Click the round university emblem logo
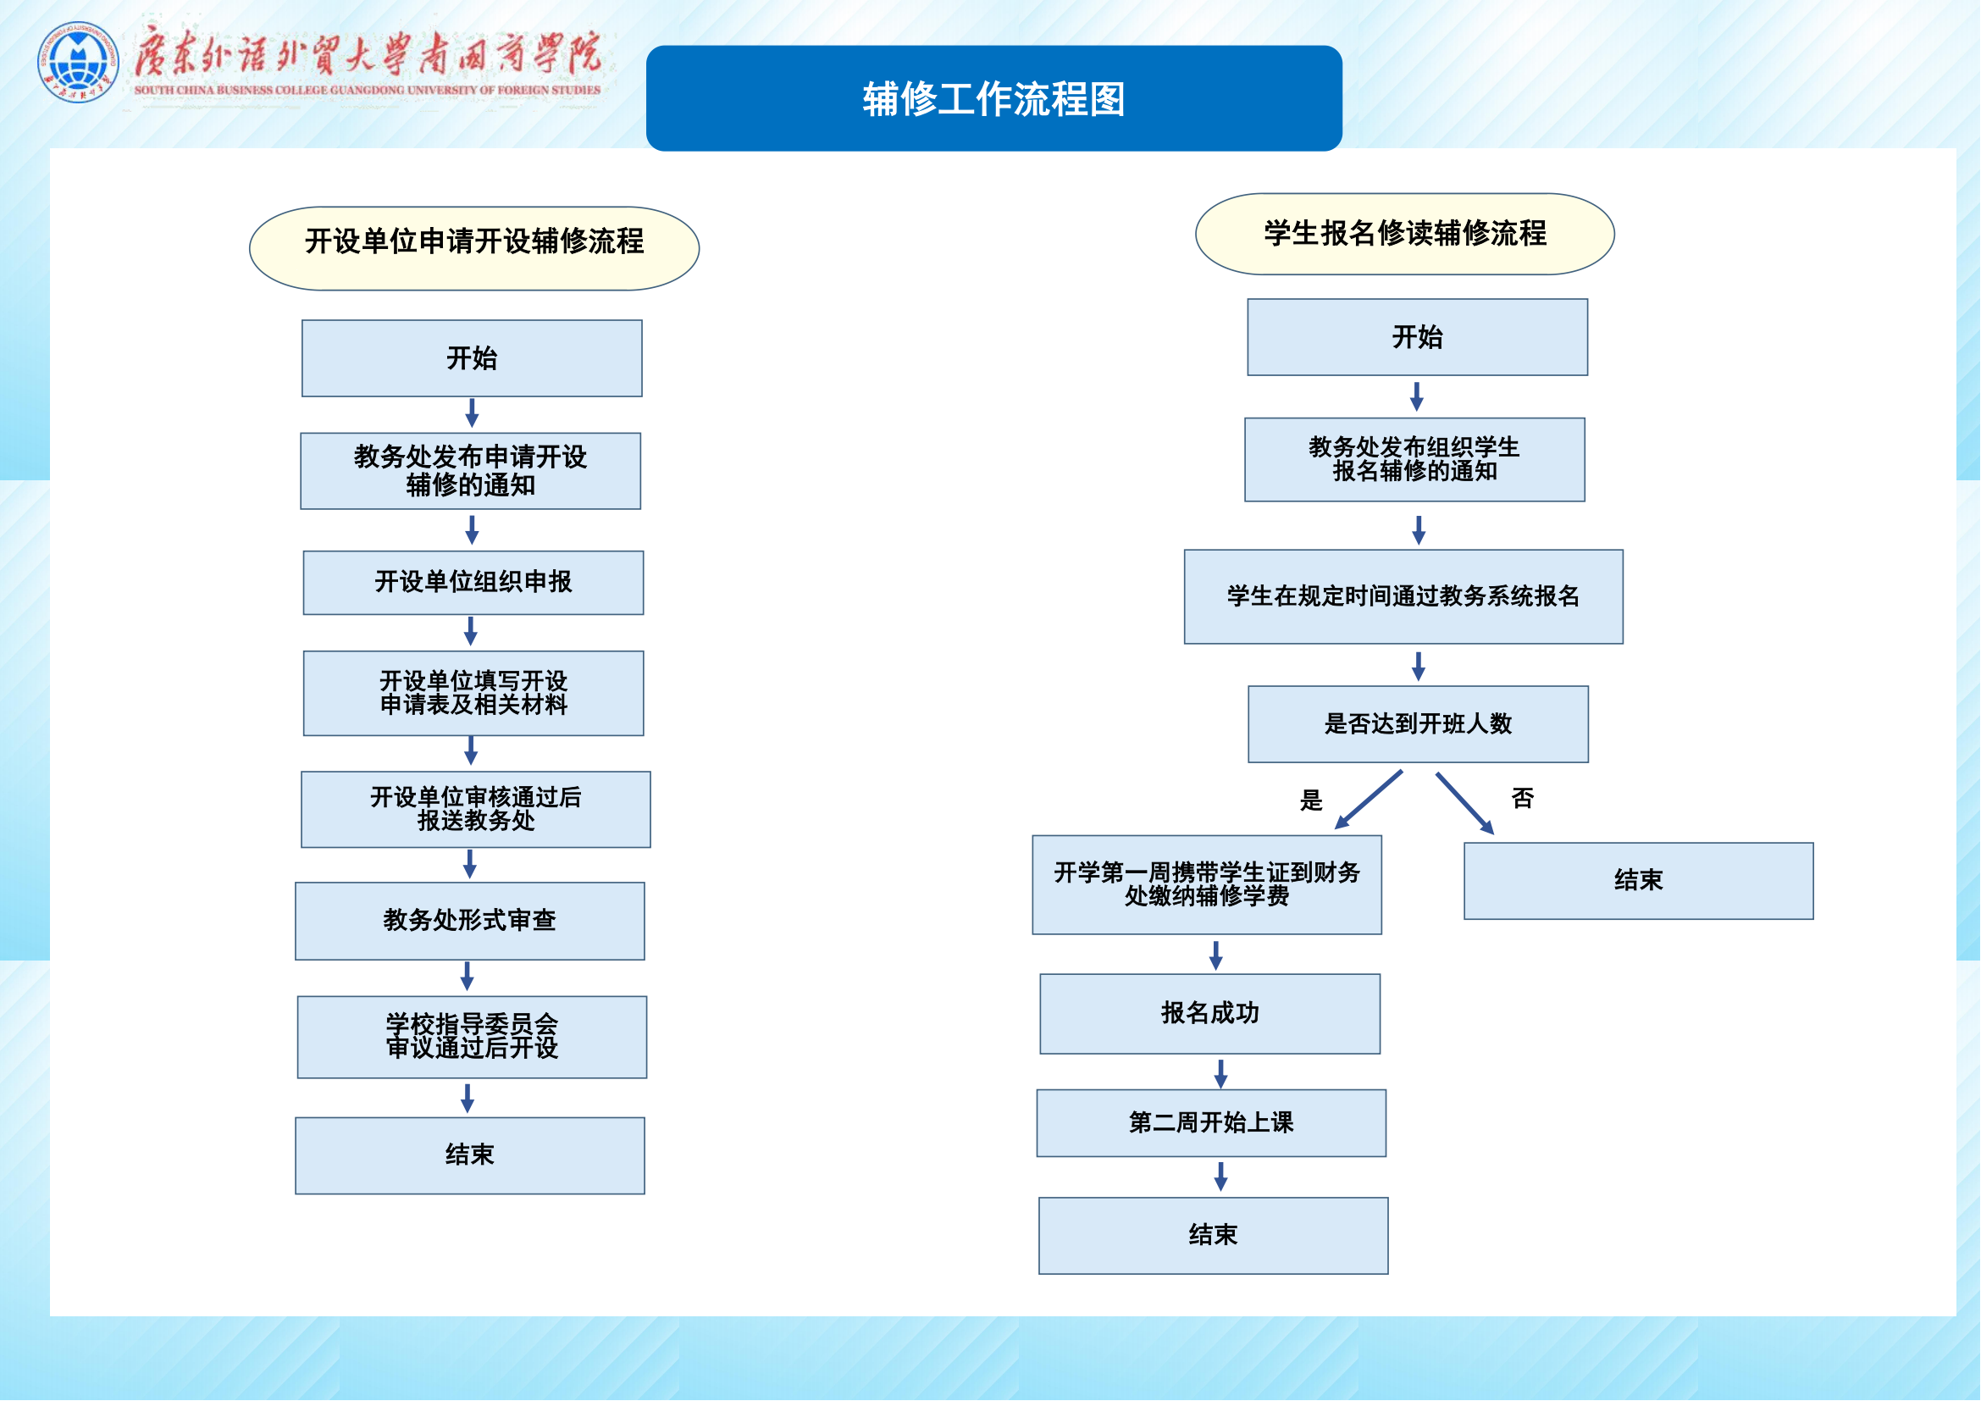click(78, 62)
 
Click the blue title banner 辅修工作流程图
click(994, 98)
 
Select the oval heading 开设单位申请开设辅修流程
click(473, 248)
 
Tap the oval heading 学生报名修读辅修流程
click(1404, 234)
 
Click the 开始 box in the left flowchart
click(472, 358)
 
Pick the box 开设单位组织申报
click(473, 582)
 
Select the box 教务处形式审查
click(469, 921)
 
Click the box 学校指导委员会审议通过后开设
click(472, 1037)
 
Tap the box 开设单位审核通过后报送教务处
click(475, 809)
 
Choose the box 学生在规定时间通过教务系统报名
click(1403, 596)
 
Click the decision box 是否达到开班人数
click(1418, 723)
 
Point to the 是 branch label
click(1310, 800)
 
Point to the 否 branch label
click(1523, 799)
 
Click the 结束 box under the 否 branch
click(1639, 881)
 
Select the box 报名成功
click(1209, 1014)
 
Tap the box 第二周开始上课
click(1210, 1122)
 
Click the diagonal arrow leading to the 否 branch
click(1464, 802)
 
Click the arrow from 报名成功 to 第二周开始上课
click(1220, 1073)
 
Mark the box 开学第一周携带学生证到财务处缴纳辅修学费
click(1206, 884)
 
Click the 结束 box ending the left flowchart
click(469, 1155)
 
